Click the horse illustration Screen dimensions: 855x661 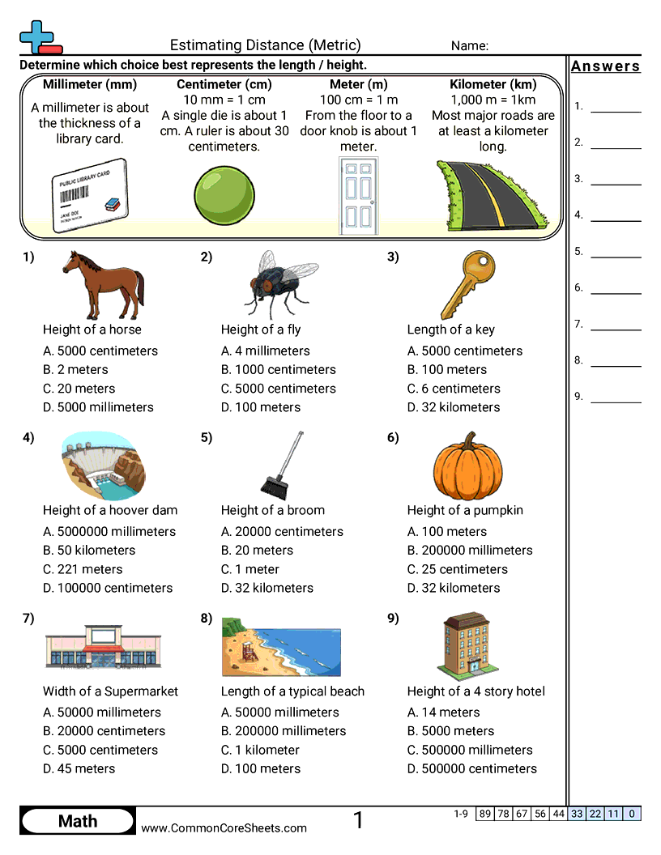click(x=104, y=285)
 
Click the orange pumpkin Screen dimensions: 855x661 click(x=464, y=467)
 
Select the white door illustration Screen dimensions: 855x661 click(x=357, y=195)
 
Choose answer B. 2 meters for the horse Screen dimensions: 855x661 click(x=75, y=370)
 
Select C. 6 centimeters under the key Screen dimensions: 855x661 click(x=454, y=389)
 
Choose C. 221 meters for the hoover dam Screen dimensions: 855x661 click(x=83, y=569)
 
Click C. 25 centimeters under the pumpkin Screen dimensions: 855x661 click(x=457, y=569)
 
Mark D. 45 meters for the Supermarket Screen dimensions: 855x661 click(x=79, y=768)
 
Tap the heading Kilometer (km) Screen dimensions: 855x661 click(x=493, y=84)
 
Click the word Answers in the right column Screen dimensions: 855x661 click(x=606, y=66)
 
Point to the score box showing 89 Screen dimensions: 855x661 click(x=485, y=814)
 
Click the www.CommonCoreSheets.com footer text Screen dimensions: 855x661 click(x=224, y=827)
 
